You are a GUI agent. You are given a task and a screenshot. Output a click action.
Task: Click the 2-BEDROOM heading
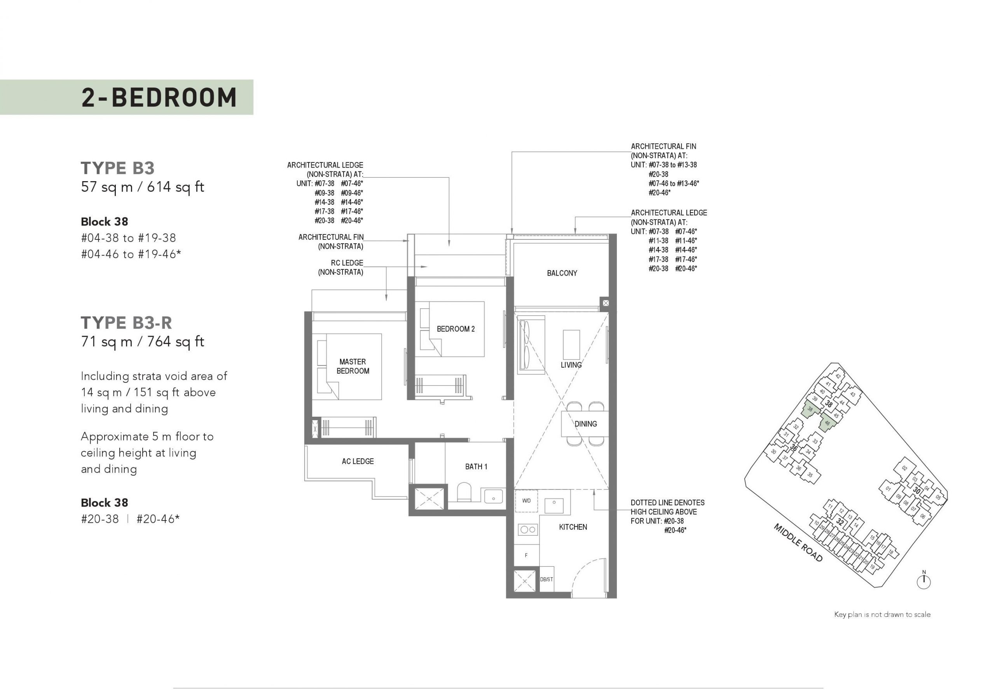coord(159,97)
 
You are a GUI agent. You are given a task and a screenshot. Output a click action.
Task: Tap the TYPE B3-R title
coord(126,323)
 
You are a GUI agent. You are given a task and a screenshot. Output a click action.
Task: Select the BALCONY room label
coord(562,273)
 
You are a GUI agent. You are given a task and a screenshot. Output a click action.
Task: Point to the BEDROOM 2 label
coord(456,329)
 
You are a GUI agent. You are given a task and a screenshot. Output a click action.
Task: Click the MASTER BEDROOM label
coord(353,366)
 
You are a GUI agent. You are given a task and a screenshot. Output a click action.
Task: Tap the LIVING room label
coord(571,365)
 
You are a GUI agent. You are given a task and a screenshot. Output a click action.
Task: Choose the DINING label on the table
coord(586,424)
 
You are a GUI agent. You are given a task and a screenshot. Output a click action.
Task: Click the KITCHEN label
coord(573,527)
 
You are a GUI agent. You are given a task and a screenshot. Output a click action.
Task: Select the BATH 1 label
coord(477,466)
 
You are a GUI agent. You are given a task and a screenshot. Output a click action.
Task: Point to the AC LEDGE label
coord(358,461)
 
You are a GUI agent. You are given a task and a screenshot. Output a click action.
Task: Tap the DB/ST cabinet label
coord(546,579)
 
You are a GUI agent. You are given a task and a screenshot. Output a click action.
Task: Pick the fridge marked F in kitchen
coord(526,555)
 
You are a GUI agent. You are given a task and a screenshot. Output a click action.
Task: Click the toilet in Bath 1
coord(464,493)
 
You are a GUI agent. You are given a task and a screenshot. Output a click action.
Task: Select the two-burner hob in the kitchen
coord(527,529)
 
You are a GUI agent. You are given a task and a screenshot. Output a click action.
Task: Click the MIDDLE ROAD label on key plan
coord(798,543)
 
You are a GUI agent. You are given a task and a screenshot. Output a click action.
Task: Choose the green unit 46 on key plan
coord(827,423)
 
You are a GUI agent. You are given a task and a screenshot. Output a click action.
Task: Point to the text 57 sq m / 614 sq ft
coord(143,187)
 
